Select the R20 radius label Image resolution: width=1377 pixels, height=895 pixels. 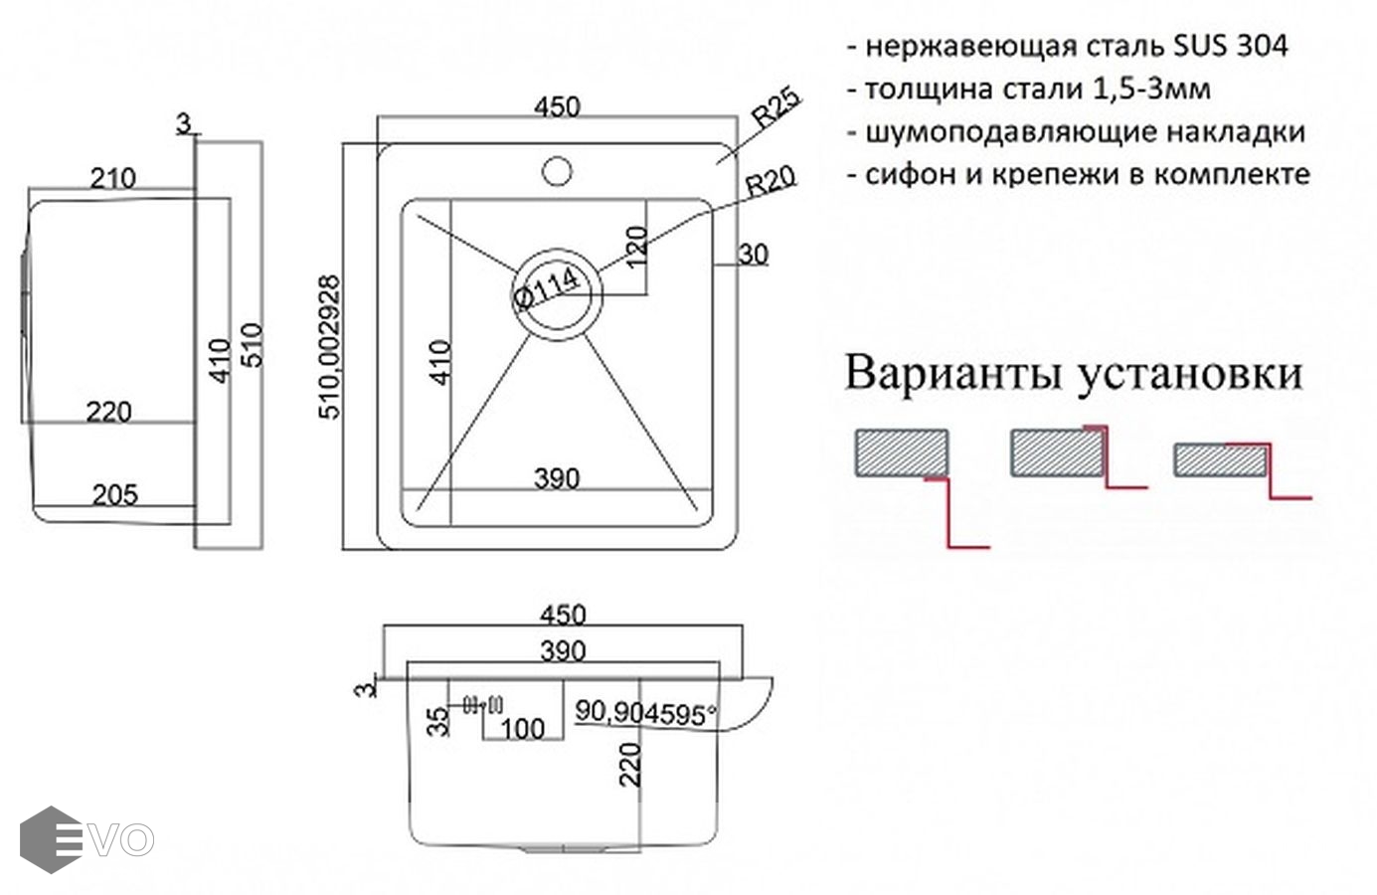[771, 180]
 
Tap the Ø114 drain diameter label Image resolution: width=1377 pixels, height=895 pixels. [546, 288]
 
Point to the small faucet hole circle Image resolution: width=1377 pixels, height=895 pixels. [557, 170]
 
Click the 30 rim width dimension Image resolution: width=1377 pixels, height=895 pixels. [753, 255]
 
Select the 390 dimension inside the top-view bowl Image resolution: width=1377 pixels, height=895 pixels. [556, 478]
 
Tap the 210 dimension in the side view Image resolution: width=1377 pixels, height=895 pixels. [112, 179]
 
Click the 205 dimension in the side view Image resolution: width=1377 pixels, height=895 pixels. [114, 494]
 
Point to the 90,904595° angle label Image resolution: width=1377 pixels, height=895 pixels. [646, 712]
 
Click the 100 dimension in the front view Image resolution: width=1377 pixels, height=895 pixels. [522, 729]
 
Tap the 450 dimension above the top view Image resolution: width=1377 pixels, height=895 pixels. [557, 106]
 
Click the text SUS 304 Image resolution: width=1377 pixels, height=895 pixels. [1231, 46]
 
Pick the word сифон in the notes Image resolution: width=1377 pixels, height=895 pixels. [901, 174]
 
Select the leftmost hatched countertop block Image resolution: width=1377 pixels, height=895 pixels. [902, 453]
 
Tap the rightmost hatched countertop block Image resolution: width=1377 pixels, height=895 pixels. [1220, 460]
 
